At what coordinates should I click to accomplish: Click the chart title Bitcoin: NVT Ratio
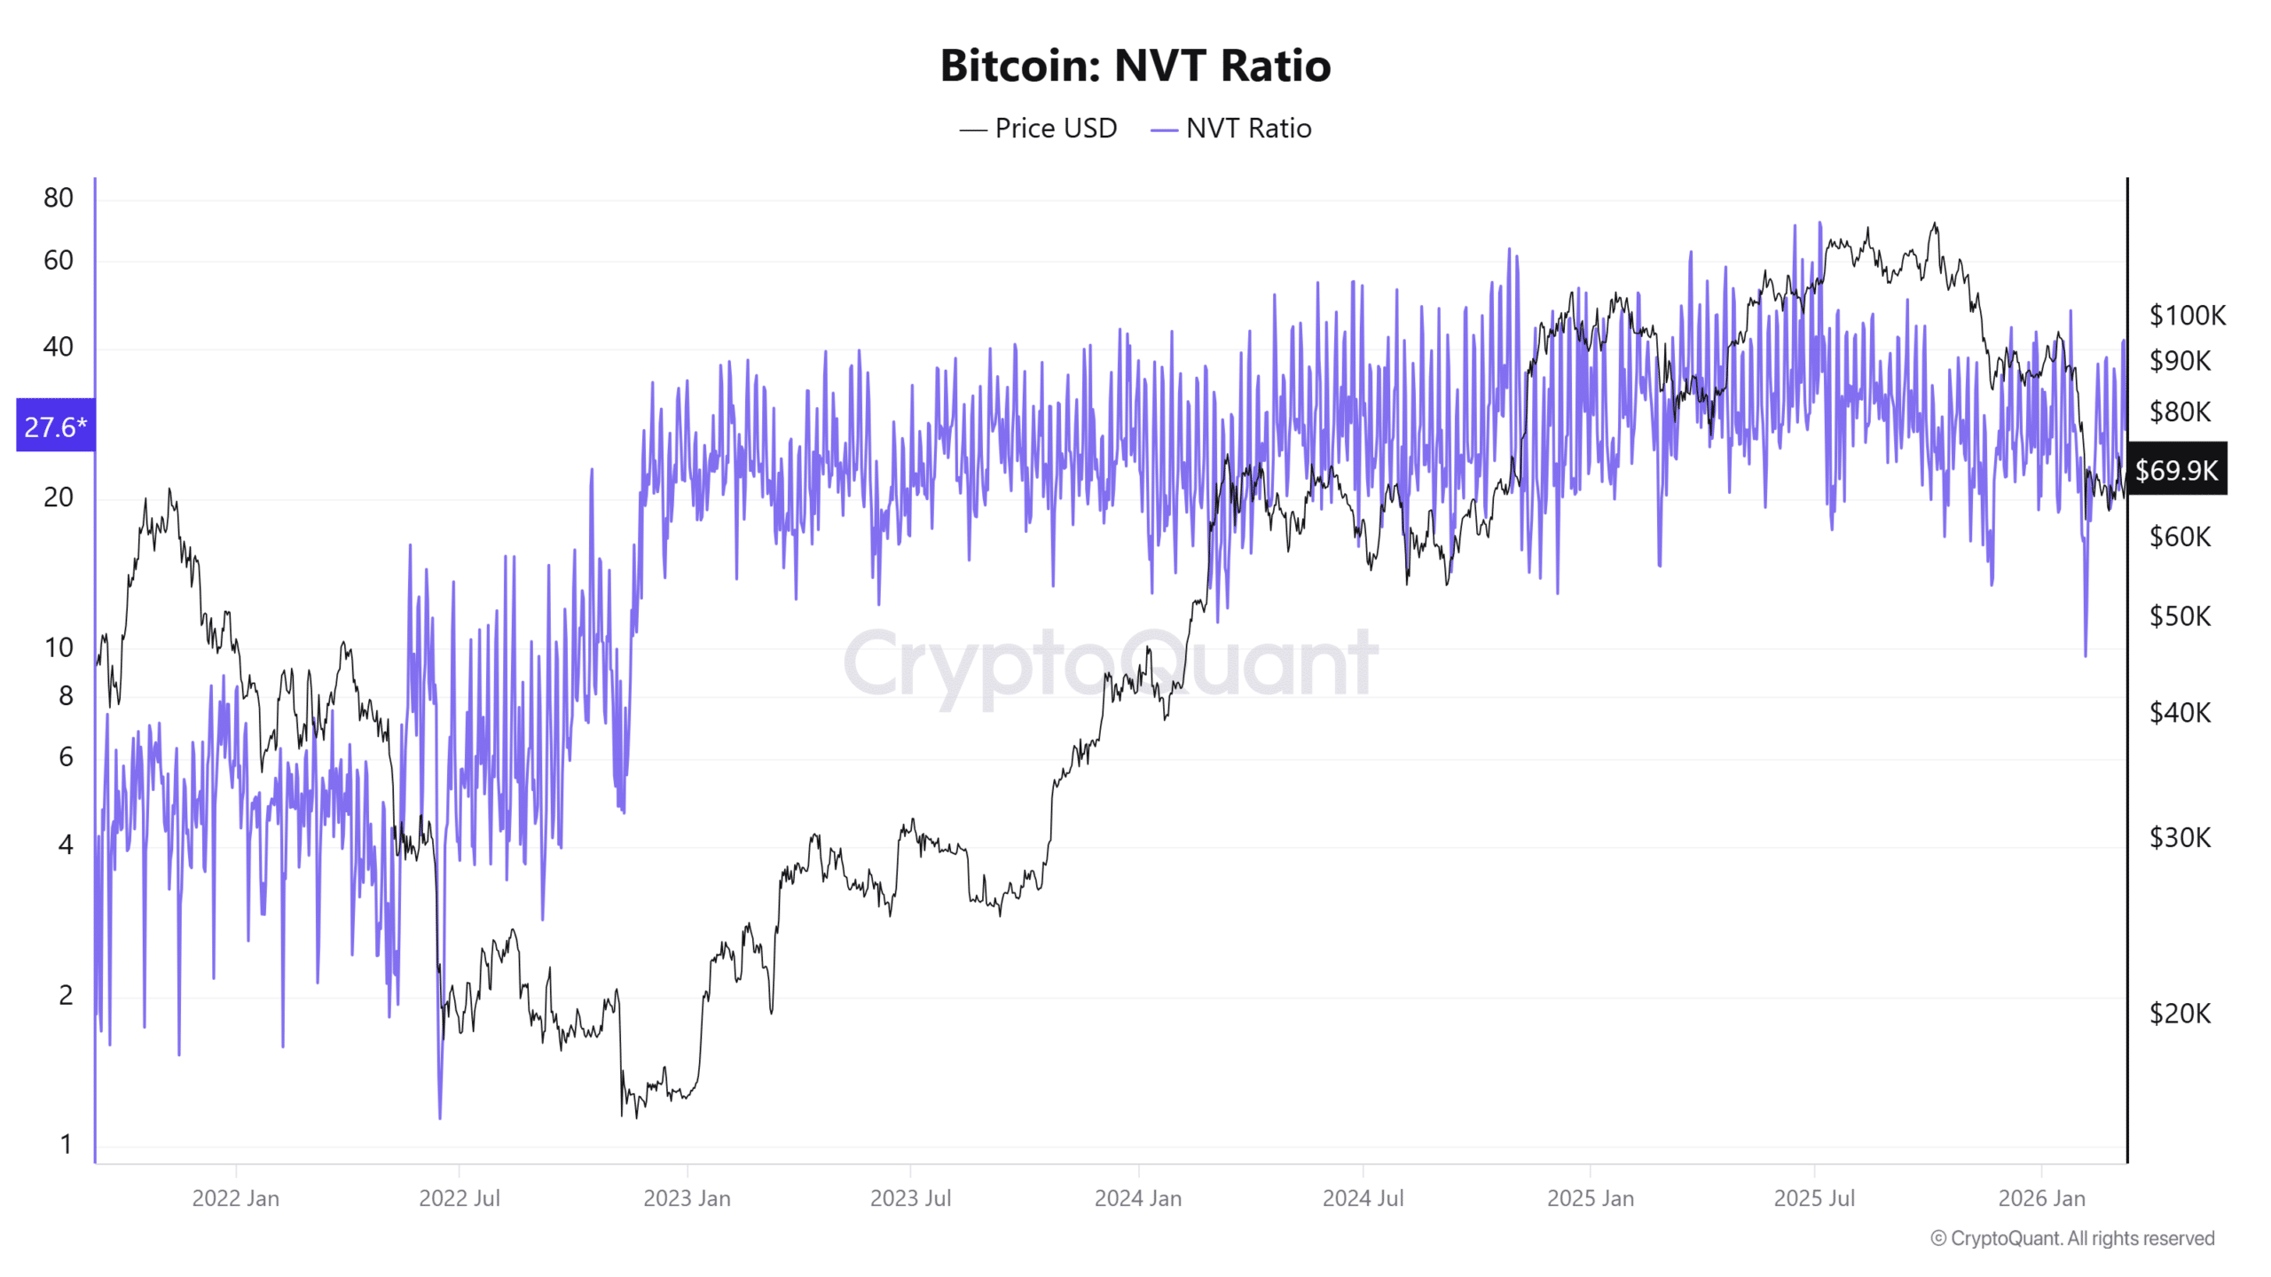[x=1135, y=66]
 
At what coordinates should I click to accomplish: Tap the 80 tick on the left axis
[x=59, y=198]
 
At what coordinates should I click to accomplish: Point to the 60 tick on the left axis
[x=59, y=261]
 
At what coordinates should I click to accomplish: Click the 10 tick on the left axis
[x=59, y=647]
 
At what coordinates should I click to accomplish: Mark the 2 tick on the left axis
[x=66, y=995]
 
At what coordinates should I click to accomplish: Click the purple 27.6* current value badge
[x=55, y=427]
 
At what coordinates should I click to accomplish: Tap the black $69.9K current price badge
[x=2175, y=469]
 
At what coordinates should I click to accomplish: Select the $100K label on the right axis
[x=2187, y=315]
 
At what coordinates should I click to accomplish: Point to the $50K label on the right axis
[x=2180, y=615]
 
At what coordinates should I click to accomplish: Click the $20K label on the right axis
[x=2180, y=1013]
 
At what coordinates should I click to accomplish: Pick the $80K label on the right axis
[x=2180, y=411]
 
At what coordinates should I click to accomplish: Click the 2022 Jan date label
[x=235, y=1198]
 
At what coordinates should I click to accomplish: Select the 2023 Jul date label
[x=910, y=1198]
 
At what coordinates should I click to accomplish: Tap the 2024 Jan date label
[x=1137, y=1198]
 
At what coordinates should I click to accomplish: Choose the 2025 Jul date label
[x=1814, y=1198]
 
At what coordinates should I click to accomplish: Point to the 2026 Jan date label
[x=2041, y=1198]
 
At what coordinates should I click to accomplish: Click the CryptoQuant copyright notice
[x=2072, y=1238]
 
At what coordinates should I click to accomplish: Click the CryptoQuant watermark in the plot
[x=1111, y=663]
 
